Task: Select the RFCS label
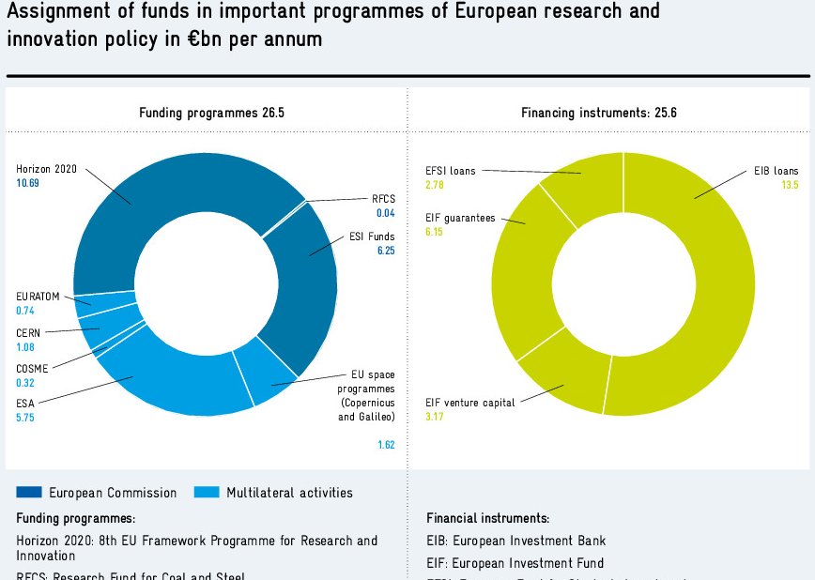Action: coord(384,200)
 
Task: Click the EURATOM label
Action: coord(38,297)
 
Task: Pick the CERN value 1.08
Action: coord(25,347)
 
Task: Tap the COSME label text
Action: coord(32,369)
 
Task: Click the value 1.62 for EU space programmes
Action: coord(386,445)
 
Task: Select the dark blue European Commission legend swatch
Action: coord(29,493)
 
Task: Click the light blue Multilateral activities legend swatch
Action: coord(206,493)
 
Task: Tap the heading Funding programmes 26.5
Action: coord(211,113)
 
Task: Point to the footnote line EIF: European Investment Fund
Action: coord(515,563)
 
